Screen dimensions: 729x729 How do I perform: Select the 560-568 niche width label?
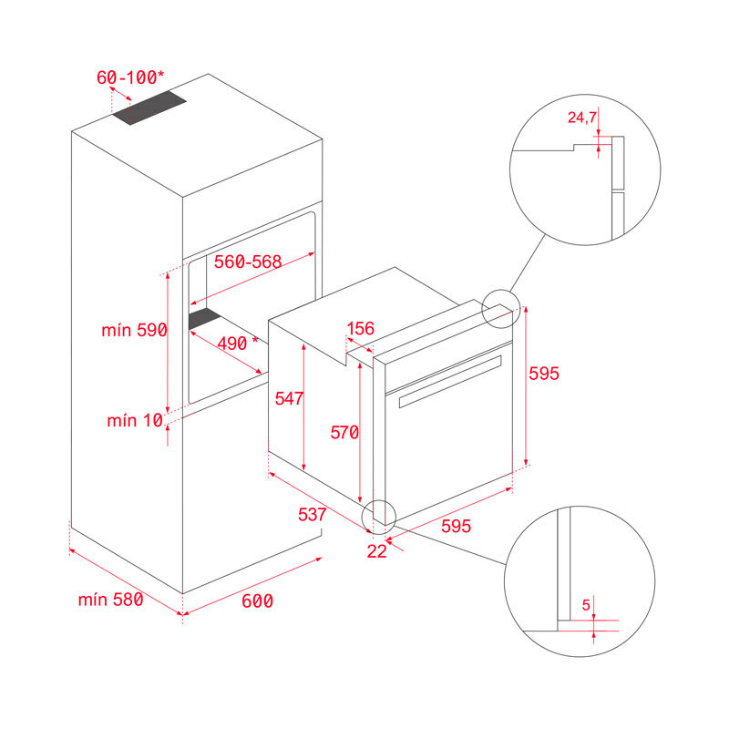pos(247,262)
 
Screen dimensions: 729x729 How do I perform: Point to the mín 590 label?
pos(134,331)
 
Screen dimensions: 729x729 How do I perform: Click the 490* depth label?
pos(230,343)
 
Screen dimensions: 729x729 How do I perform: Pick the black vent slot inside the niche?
pos(205,318)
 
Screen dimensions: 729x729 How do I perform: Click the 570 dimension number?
pos(344,433)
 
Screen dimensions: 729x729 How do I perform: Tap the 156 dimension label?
pos(362,329)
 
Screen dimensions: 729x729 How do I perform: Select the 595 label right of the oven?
pos(543,374)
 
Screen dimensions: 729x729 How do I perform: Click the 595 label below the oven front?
pos(456,526)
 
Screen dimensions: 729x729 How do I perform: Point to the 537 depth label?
pos(312,514)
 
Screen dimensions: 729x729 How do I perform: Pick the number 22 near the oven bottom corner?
pos(377,549)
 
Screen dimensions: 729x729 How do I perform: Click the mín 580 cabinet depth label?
pos(110,600)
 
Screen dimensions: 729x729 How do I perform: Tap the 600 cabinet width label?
pos(257,601)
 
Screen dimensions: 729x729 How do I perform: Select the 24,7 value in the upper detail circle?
pos(582,118)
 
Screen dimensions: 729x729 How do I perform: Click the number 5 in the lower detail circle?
pos(586,603)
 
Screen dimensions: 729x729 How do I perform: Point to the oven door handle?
pos(449,378)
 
